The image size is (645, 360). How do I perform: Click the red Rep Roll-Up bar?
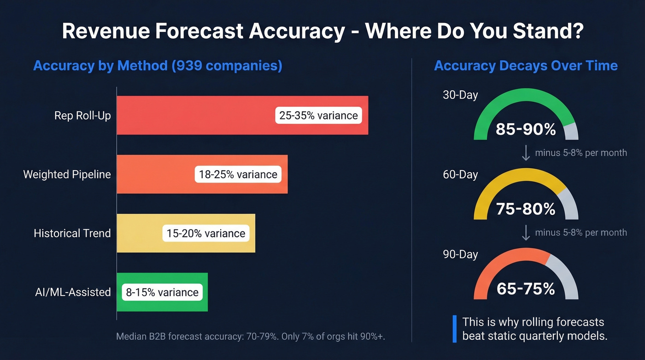(193, 115)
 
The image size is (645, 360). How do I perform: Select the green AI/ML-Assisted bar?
(205, 292)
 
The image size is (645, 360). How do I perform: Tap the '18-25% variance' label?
(238, 174)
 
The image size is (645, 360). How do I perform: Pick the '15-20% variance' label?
(205, 233)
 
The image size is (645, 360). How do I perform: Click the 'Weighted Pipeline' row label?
(67, 174)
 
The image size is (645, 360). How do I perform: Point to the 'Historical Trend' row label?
(72, 233)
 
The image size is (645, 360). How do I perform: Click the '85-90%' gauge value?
(526, 130)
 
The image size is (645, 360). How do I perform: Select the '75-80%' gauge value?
(526, 209)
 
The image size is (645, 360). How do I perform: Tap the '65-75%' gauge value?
(526, 289)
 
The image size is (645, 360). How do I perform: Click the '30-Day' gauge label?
(460, 95)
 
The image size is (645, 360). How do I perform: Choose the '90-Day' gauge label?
(460, 254)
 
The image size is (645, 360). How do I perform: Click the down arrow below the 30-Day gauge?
(526, 153)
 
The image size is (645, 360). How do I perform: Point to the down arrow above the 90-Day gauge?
(526, 233)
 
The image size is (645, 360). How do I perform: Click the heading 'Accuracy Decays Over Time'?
(526, 65)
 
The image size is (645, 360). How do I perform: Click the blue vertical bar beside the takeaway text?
(455, 329)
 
